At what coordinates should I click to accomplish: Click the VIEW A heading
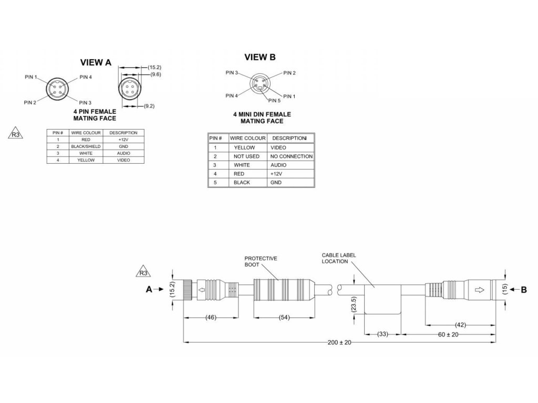96,62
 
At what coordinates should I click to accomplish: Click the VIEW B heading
260,57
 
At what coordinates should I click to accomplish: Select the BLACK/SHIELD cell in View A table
86,146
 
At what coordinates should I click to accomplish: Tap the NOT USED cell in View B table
246,156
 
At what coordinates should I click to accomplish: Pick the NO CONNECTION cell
292,156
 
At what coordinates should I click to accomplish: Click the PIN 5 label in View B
274,101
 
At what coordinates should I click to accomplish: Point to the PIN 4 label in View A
86,77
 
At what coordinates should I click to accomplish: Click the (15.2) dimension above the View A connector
154,68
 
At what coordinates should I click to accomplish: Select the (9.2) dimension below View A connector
149,106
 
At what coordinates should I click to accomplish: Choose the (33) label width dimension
382,334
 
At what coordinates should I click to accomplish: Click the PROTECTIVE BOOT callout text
261,262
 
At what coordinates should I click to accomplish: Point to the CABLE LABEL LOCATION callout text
339,258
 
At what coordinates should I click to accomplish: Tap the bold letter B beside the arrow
523,289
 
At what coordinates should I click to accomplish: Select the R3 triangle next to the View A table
15,135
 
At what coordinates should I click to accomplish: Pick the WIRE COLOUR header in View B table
246,138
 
